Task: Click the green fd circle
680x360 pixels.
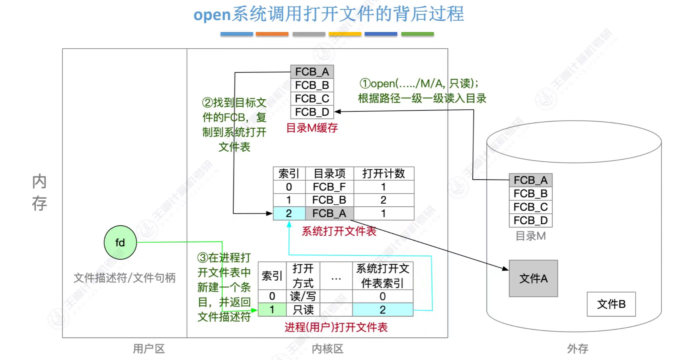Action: [x=120, y=242]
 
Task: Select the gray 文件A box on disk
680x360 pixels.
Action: [x=533, y=278]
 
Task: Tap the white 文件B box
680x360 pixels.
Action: [x=611, y=304]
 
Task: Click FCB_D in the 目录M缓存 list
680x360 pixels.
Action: [x=312, y=112]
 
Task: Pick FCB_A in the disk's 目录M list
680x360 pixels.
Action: [x=530, y=180]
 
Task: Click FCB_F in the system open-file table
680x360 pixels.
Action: [x=329, y=187]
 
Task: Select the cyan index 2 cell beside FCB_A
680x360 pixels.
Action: [x=289, y=213]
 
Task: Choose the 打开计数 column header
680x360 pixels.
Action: [x=383, y=174]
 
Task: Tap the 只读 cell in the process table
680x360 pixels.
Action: [x=303, y=310]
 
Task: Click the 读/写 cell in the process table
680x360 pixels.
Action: [x=303, y=296]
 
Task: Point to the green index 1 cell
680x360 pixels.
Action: [x=272, y=310]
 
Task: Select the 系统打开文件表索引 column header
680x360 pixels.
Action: [x=382, y=276]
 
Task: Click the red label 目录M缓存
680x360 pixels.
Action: [x=312, y=128]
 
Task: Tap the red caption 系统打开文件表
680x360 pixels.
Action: [x=339, y=231]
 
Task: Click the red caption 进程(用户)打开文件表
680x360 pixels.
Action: [x=336, y=327]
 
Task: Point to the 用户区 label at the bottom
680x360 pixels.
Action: [x=149, y=349]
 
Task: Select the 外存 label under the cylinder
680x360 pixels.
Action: [x=577, y=349]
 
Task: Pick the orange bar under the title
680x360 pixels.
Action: [x=272, y=34]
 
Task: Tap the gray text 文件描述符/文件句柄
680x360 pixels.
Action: [x=124, y=278]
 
